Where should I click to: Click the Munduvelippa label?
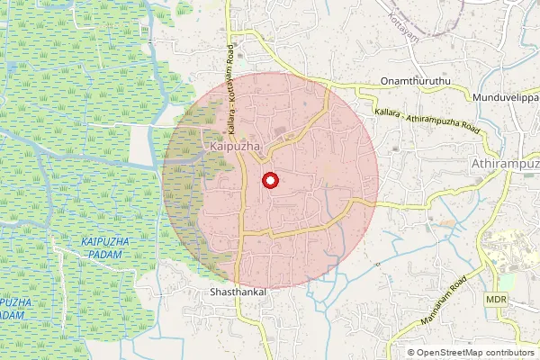pos(504,94)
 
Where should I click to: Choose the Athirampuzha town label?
pos(504,165)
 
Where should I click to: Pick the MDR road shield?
pos(496,298)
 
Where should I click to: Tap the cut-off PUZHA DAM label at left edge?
pos(11,309)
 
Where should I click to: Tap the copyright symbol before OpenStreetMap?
pos(411,353)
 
